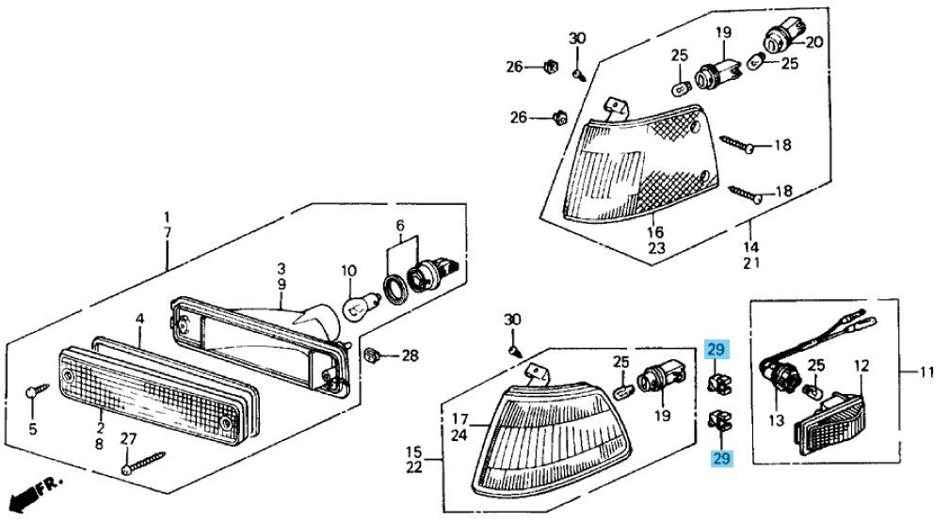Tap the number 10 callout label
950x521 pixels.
(x=347, y=271)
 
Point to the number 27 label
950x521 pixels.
(x=128, y=439)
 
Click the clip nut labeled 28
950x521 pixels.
(x=371, y=355)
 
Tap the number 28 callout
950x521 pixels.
(x=409, y=355)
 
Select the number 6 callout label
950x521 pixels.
(x=399, y=227)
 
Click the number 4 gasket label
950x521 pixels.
(x=138, y=319)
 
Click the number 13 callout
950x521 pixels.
(x=775, y=421)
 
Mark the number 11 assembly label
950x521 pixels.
(x=926, y=372)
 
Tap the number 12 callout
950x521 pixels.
(x=861, y=365)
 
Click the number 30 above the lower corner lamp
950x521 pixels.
(x=512, y=320)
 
